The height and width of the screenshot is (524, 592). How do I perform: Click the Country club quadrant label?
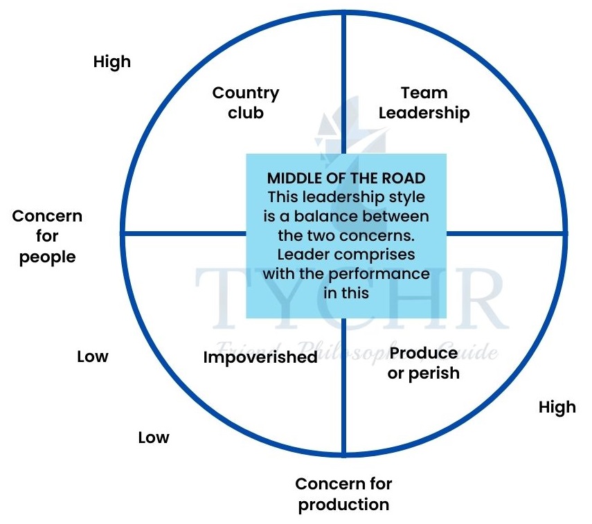[x=246, y=102]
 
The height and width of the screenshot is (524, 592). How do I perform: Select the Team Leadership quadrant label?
[x=424, y=102]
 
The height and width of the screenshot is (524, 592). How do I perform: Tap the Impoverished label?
[x=260, y=357]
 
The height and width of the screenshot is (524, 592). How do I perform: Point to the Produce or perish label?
[x=424, y=363]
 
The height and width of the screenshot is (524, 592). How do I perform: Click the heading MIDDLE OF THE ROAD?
[x=346, y=179]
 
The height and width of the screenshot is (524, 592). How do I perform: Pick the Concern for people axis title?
[x=47, y=236]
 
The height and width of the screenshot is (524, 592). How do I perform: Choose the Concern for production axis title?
[x=343, y=494]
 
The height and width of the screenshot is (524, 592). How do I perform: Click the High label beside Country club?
[x=111, y=62]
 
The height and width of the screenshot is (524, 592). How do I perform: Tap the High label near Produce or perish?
[x=557, y=406]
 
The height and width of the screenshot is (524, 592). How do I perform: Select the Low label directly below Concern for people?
[x=93, y=356]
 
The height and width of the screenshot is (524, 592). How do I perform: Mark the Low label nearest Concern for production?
[x=153, y=437]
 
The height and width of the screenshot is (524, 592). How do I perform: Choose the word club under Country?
[x=246, y=112]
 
